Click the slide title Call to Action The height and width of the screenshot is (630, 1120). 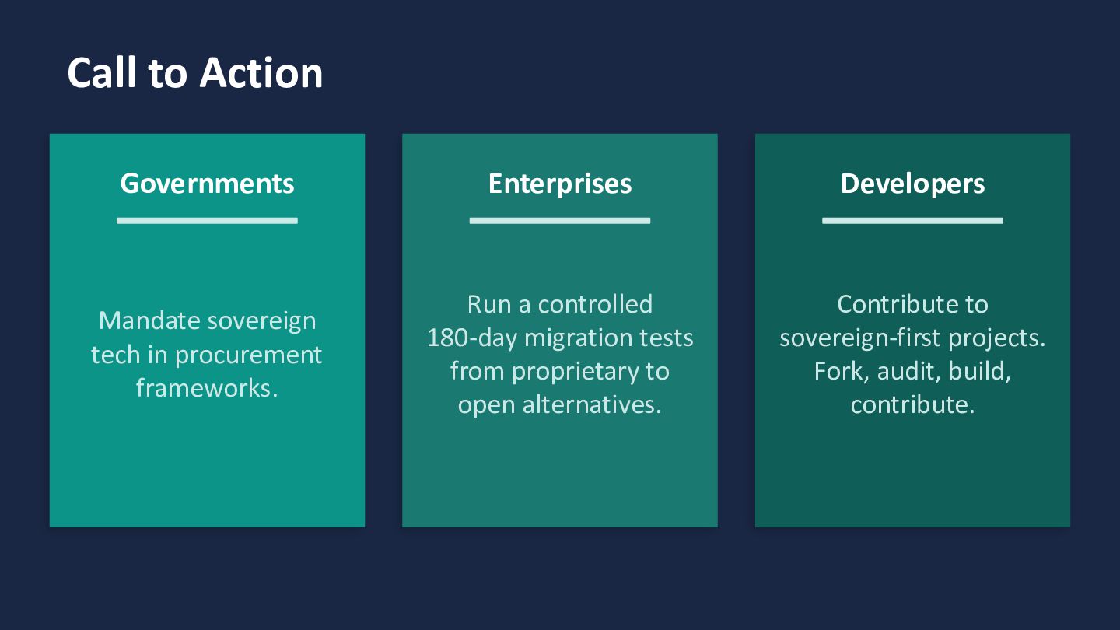[x=195, y=73]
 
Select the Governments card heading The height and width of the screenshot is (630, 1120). [x=207, y=184]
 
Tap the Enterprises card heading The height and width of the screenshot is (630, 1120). [x=560, y=184]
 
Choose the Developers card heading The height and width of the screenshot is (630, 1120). [x=912, y=184]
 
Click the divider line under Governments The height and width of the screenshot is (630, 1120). [x=207, y=221]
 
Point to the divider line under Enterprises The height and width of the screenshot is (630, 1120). [x=560, y=221]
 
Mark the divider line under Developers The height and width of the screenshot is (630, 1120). [x=912, y=221]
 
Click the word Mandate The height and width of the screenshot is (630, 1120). [x=149, y=320]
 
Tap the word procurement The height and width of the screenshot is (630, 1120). [x=249, y=355]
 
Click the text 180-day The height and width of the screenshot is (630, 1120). [x=471, y=338]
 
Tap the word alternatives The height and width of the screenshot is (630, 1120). [x=592, y=404]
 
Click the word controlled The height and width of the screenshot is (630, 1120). [x=595, y=305]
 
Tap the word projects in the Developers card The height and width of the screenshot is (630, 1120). [x=996, y=339]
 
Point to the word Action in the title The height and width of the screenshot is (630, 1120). [x=261, y=73]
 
